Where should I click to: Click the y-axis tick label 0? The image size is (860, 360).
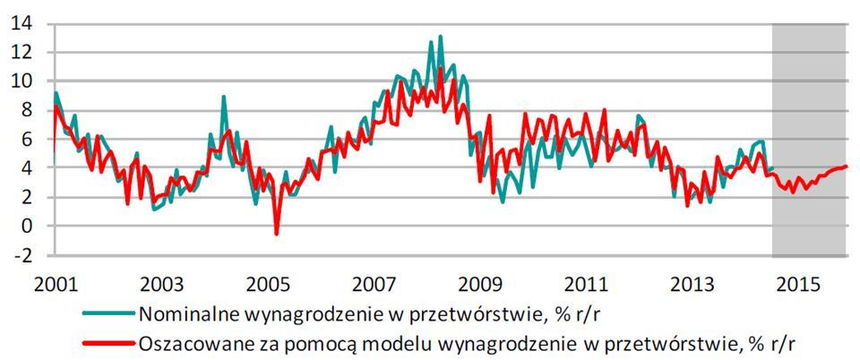coord(27,227)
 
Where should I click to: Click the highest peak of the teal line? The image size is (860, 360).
coord(440,37)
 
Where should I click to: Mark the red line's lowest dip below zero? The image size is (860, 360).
coord(276,235)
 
